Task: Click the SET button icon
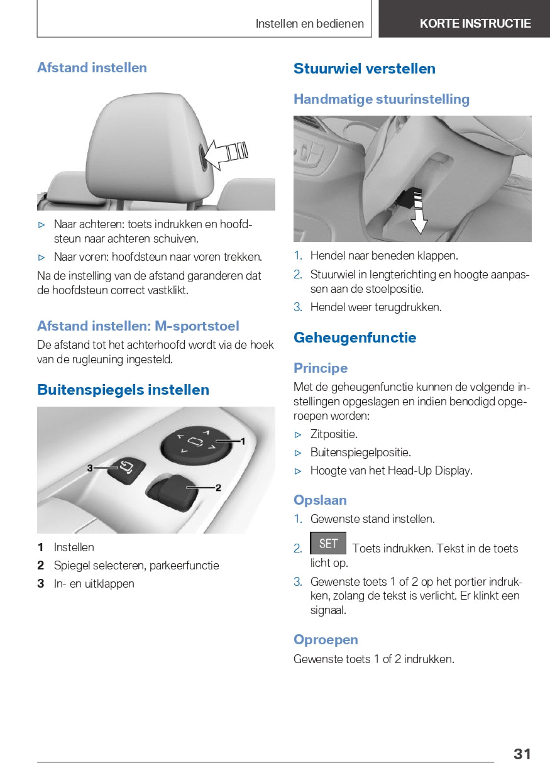coord(327,544)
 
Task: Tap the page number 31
coord(522,754)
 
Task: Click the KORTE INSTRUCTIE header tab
coord(475,24)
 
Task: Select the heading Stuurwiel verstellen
coord(364,69)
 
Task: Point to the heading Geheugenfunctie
coord(355,338)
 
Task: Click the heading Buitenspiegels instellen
coord(123,390)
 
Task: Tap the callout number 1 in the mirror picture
coord(243,441)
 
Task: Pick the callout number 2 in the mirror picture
coord(218,487)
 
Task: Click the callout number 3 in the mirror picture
coord(90,468)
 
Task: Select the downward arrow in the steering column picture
coord(419,220)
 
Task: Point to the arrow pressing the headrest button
coord(225,153)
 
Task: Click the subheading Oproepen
coord(326,640)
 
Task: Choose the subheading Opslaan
coord(320,500)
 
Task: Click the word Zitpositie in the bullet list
coord(334,434)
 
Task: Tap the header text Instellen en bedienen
coord(309,24)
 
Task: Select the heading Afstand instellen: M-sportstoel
coord(138,326)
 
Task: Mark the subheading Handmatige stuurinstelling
coord(382,99)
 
